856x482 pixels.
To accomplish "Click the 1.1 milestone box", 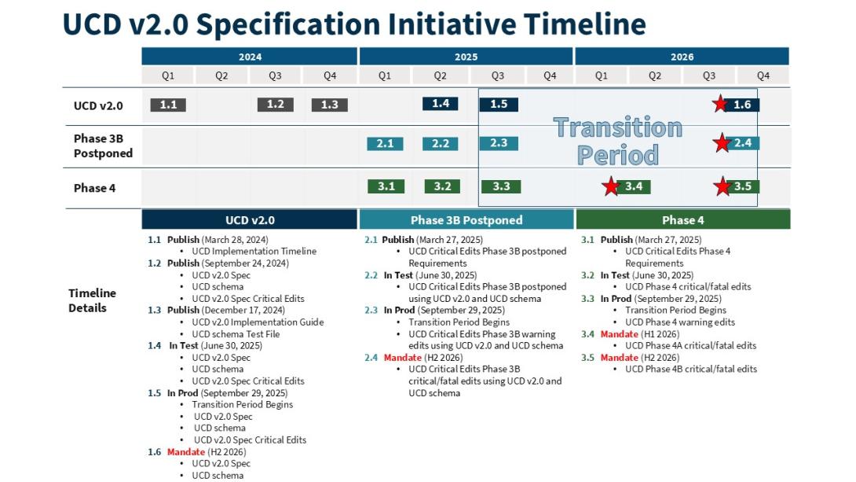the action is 168,105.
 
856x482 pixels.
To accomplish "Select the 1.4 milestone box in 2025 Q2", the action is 440,103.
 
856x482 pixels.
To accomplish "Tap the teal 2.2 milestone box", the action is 440,144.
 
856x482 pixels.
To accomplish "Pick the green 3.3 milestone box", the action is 501,186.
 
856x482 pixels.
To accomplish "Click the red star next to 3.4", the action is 611,186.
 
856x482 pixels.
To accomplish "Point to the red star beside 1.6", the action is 720,103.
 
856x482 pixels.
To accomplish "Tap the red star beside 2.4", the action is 722,143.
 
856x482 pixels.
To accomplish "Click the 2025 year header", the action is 466,57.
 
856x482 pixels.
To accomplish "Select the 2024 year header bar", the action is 250,57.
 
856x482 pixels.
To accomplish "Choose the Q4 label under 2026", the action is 763,75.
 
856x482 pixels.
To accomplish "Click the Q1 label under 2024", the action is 168,75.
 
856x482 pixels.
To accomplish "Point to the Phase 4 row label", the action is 94,188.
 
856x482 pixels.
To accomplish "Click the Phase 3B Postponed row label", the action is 103,146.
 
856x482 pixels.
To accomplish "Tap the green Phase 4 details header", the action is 683,219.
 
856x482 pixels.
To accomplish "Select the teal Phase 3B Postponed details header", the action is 466,219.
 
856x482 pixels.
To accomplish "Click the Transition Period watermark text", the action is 618,141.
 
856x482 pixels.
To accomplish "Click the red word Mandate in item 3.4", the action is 619,334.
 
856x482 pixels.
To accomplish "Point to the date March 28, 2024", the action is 235,239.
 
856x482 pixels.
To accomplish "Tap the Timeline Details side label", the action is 92,300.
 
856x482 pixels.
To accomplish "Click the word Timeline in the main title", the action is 585,24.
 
